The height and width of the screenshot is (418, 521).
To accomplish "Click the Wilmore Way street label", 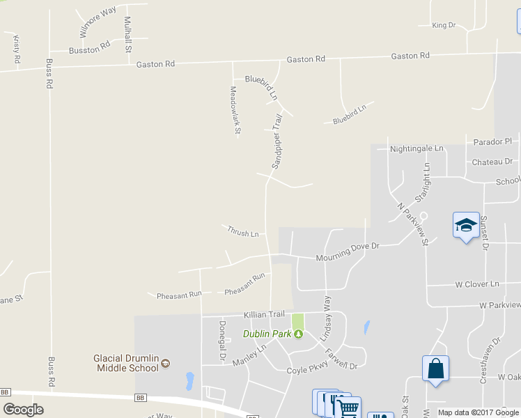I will click(97, 22).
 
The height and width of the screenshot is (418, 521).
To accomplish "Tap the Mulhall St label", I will click(127, 34).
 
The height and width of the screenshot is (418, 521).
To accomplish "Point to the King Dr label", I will click(443, 25).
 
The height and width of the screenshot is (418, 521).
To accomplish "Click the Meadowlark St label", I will click(235, 110).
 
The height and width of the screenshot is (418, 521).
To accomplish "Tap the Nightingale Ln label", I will click(417, 148).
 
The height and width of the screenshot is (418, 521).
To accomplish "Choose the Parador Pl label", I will click(492, 141).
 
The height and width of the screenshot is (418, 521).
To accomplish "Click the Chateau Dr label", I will click(492, 162).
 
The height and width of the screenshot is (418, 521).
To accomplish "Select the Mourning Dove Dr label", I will click(347, 251).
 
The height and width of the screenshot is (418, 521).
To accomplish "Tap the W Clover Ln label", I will click(477, 284).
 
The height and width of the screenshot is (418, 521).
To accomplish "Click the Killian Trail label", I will click(265, 315).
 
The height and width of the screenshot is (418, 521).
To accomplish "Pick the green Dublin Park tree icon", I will click(298, 334).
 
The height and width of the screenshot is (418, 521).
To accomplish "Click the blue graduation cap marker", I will click(466, 225).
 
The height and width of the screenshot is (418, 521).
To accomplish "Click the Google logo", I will click(23, 409).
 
